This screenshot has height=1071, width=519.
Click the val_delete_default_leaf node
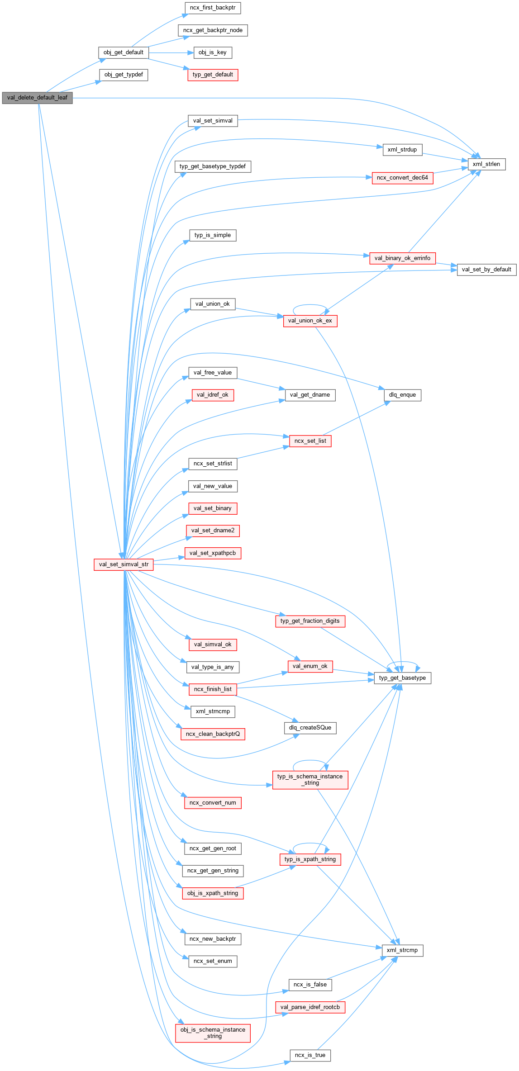(37, 98)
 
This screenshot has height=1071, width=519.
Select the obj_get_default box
(123, 52)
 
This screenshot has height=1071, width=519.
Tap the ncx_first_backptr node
(213, 8)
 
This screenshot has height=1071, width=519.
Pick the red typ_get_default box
(213, 75)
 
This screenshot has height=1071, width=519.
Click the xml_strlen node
(486, 164)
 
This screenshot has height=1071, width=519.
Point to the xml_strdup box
(402, 150)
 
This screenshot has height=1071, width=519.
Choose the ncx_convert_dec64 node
(402, 178)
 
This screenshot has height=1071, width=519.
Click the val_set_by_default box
(486, 270)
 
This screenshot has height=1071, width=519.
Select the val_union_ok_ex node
(310, 321)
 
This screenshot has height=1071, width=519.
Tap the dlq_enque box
(402, 395)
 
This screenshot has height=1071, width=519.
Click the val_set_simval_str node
(124, 564)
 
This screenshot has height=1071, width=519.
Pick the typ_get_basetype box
(402, 678)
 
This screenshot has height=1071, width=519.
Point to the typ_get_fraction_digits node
(310, 621)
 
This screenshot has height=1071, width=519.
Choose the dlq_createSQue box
(310, 728)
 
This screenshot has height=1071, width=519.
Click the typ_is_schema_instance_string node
(310, 780)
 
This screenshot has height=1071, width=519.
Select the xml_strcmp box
(402, 950)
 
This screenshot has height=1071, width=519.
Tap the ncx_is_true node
(310, 1055)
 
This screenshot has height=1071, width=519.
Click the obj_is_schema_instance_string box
(213, 1033)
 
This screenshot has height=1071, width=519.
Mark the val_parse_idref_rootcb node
(310, 1007)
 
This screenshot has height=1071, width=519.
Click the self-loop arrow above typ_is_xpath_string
(311, 844)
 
